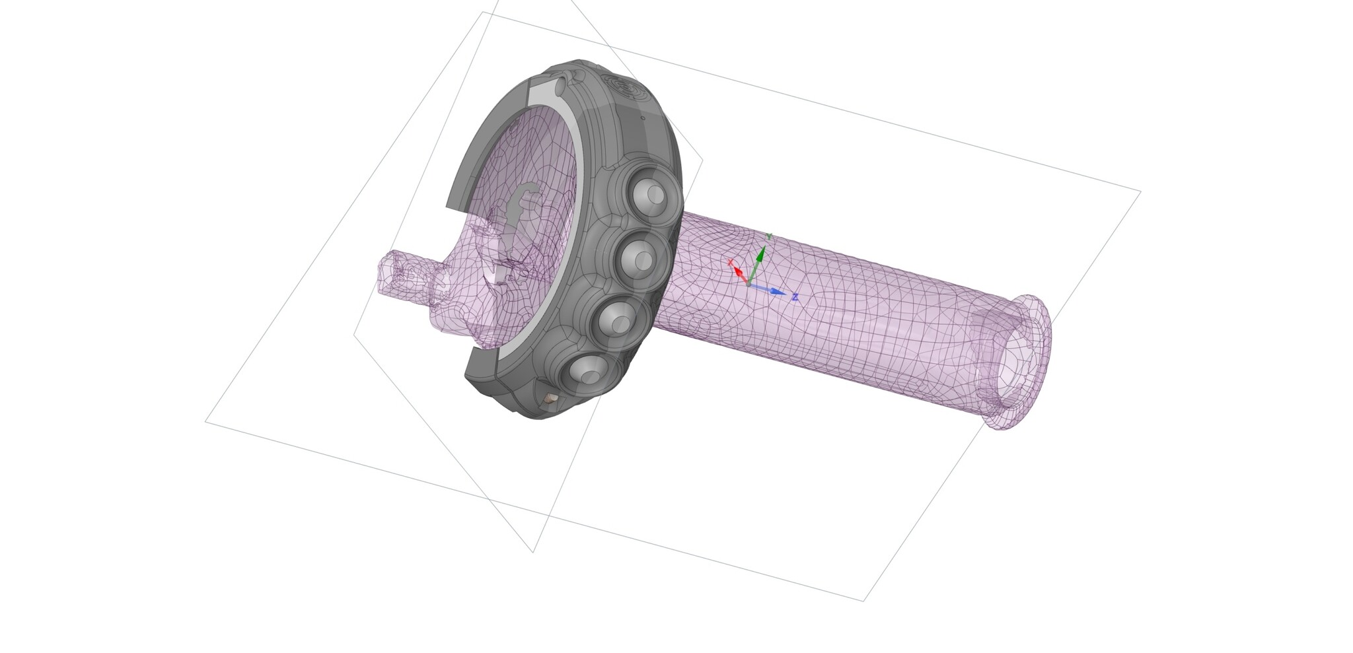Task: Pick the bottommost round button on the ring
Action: click(585, 376)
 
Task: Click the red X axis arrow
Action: click(739, 273)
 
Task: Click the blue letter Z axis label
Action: click(795, 298)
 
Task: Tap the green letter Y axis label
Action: click(768, 236)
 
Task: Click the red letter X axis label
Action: click(731, 263)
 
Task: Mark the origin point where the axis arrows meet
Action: click(747, 285)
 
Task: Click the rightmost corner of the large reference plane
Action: click(1141, 191)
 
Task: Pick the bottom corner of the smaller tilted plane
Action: click(533, 552)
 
